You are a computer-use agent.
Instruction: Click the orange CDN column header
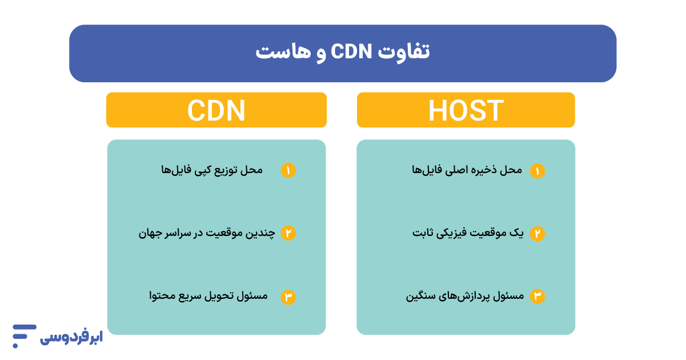[x=216, y=110]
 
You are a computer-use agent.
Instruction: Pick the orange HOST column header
[x=466, y=110]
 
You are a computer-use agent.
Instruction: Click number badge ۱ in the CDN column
[x=288, y=170]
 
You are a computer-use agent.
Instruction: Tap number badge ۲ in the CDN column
[x=288, y=233]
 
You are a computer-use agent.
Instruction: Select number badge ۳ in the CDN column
[x=288, y=297]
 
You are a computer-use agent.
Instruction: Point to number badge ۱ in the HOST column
[x=537, y=170]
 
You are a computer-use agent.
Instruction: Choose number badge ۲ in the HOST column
[x=537, y=233]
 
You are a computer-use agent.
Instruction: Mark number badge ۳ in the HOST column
[x=537, y=296]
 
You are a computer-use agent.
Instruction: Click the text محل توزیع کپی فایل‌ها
[x=212, y=170]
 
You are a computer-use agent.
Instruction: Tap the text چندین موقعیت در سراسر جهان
[x=206, y=233]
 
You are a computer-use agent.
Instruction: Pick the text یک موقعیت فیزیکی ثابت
[x=467, y=233]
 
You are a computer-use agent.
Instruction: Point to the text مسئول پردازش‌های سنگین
[x=464, y=296]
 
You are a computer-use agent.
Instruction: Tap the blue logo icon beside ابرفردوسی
[x=23, y=336]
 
